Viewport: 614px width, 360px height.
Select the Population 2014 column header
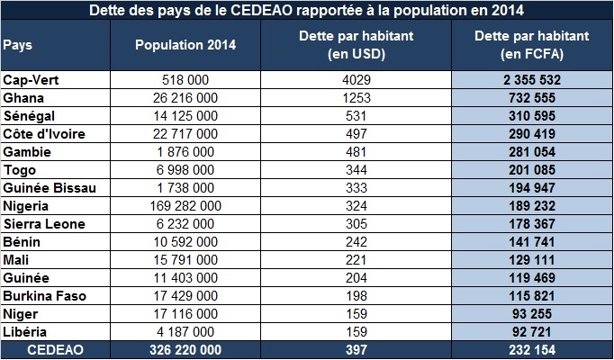[185, 45]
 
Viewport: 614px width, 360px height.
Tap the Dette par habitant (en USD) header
[356, 45]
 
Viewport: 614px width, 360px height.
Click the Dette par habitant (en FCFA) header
[532, 45]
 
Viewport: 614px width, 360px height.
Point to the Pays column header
[18, 45]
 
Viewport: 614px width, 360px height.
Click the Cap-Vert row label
[31, 80]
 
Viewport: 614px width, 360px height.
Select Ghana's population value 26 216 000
[185, 98]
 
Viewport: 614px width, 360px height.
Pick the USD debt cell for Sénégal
[356, 116]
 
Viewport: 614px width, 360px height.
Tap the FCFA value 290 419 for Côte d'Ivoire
[532, 134]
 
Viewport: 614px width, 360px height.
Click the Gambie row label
[27, 152]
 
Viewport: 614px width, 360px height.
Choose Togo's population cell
[185, 170]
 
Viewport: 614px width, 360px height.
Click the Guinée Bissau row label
[50, 188]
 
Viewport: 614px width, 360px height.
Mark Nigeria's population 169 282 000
[185, 206]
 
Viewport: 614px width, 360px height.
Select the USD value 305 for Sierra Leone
[356, 224]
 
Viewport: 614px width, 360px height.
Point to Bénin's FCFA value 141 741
[532, 242]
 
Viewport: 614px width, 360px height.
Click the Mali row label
[15, 260]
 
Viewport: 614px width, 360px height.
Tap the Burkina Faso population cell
[185, 296]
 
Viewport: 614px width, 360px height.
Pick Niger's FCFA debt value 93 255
[532, 314]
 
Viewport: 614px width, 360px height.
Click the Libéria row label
[24, 332]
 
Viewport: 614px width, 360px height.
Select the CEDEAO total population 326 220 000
[185, 350]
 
